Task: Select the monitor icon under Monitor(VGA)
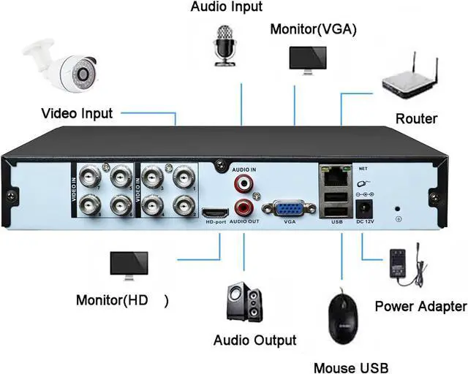(x=307, y=58)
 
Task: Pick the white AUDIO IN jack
(x=242, y=180)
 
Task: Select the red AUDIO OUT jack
(x=242, y=206)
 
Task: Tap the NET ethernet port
(x=335, y=176)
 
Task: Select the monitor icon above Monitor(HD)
(x=129, y=267)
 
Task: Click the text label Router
(x=416, y=119)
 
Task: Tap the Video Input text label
(x=77, y=113)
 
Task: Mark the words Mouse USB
(x=350, y=367)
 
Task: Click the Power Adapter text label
(x=420, y=306)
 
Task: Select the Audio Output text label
(x=254, y=340)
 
